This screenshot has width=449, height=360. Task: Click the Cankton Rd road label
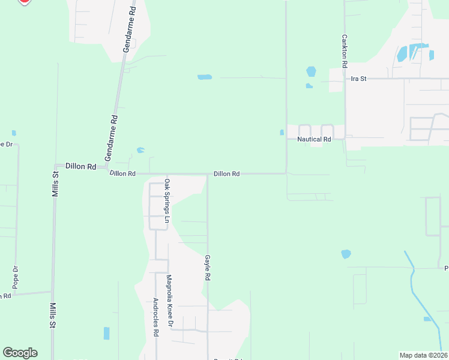(345, 50)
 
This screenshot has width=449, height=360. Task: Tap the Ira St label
(359, 79)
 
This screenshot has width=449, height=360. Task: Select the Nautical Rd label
(314, 139)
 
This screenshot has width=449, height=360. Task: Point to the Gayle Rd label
(208, 268)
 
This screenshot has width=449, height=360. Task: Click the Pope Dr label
(16, 277)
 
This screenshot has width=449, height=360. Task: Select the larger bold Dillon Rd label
(80, 166)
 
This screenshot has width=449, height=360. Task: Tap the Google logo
(20, 353)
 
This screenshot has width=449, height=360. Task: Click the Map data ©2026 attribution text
(423, 355)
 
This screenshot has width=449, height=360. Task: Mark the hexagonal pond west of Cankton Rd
(311, 71)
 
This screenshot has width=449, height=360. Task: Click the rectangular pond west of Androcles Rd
(107, 333)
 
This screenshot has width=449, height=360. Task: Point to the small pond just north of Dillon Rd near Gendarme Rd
(140, 150)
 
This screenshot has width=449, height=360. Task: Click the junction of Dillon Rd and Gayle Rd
(208, 174)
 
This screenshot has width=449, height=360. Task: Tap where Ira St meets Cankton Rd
(345, 79)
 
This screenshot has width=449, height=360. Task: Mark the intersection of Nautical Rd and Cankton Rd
(345, 139)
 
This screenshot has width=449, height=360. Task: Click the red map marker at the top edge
(24, 1)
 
